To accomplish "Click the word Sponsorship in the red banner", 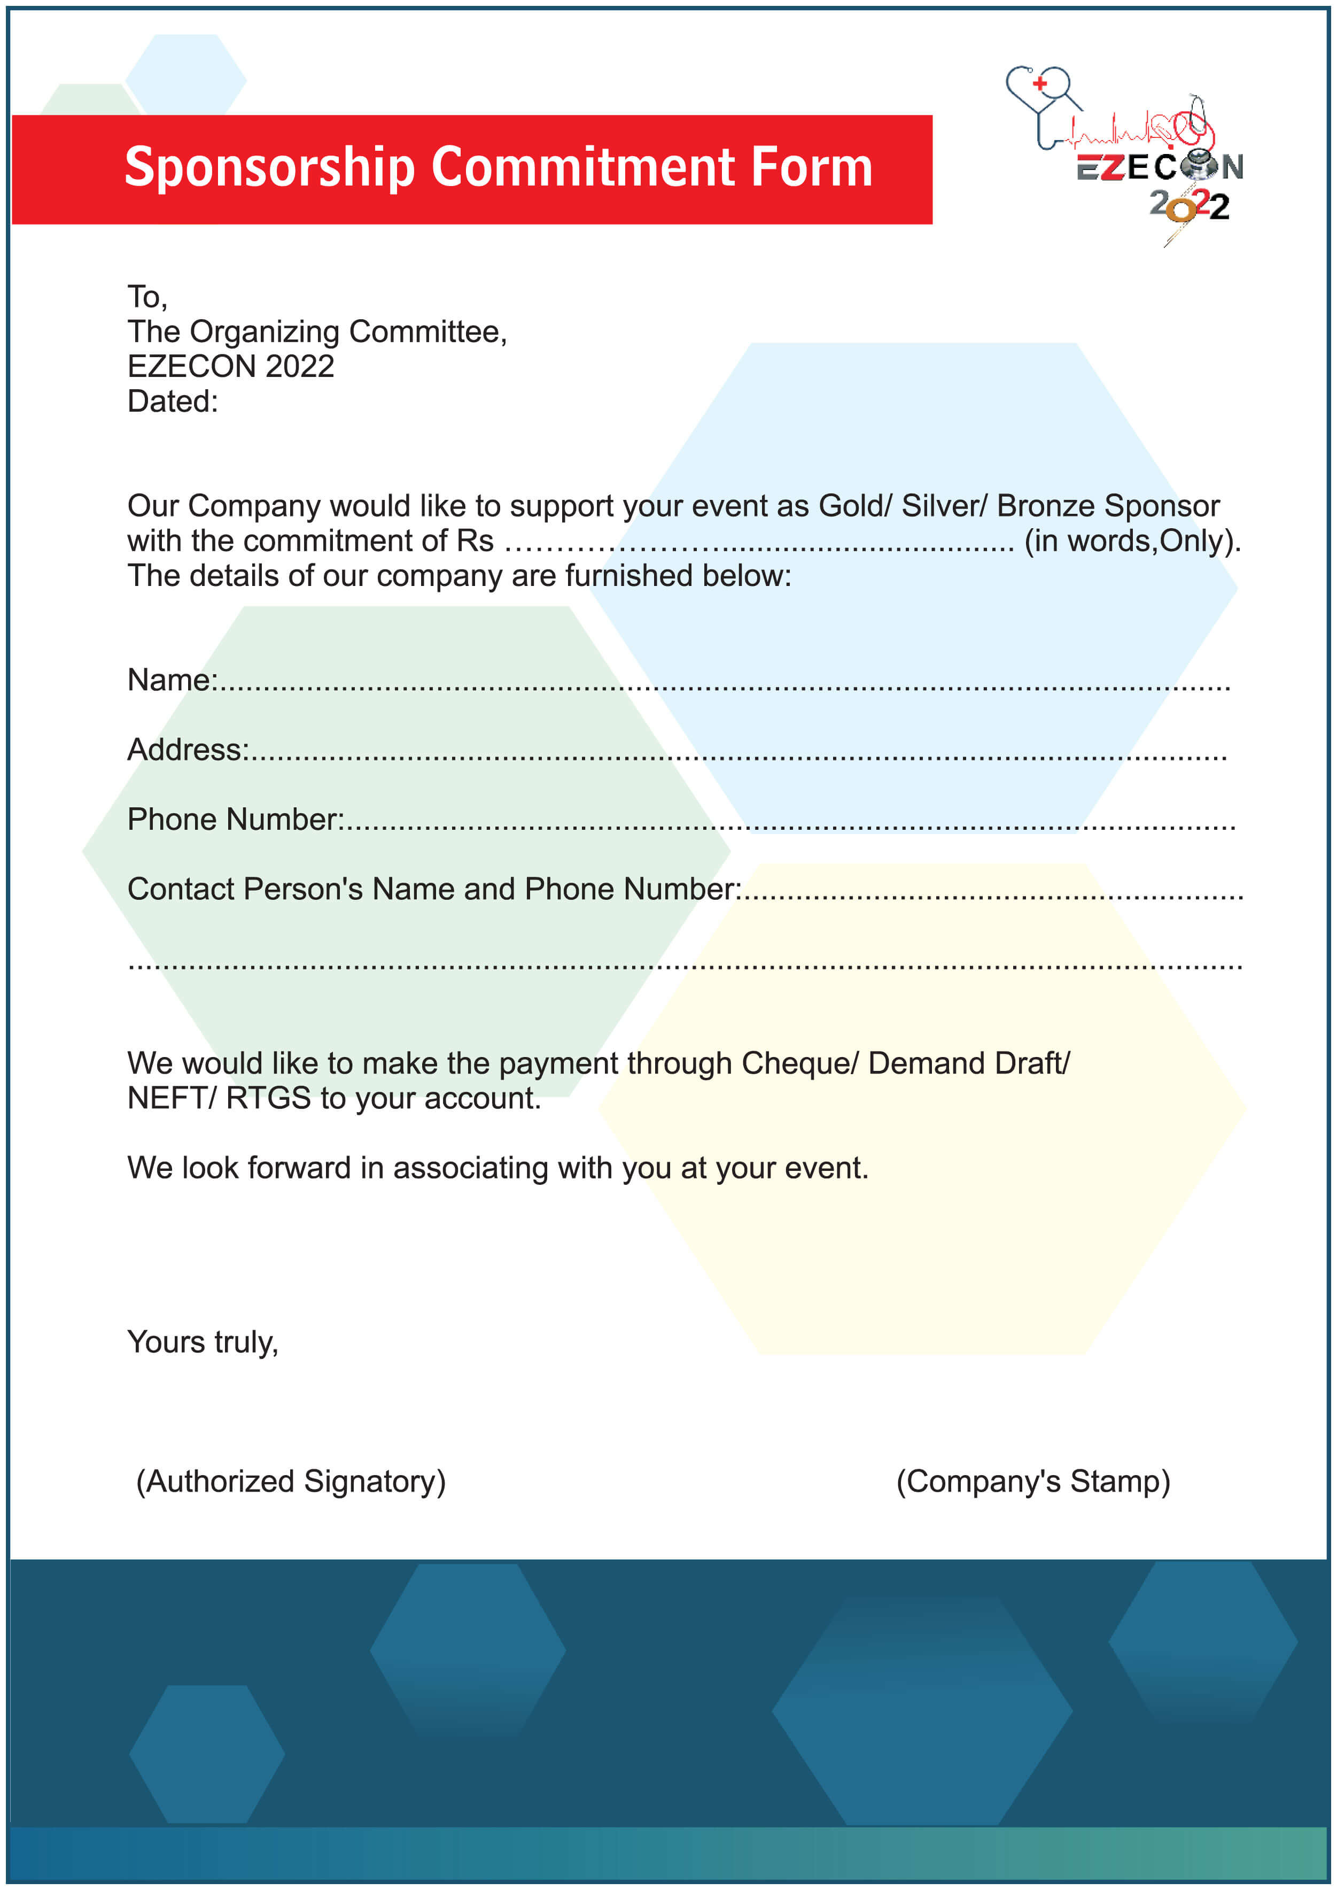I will coord(269,168).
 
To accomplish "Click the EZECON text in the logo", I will coord(1159,168).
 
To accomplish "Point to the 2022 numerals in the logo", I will coord(1189,206).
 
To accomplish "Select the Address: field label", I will coord(188,750).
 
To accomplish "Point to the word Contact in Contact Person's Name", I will coord(180,890).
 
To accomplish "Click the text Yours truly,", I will coord(203,1343).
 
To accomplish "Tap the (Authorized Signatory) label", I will coord(291,1482).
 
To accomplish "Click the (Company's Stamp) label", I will coord(1032,1482).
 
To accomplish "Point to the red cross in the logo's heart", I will coord(1040,83).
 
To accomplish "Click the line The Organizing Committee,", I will coord(317,332).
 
